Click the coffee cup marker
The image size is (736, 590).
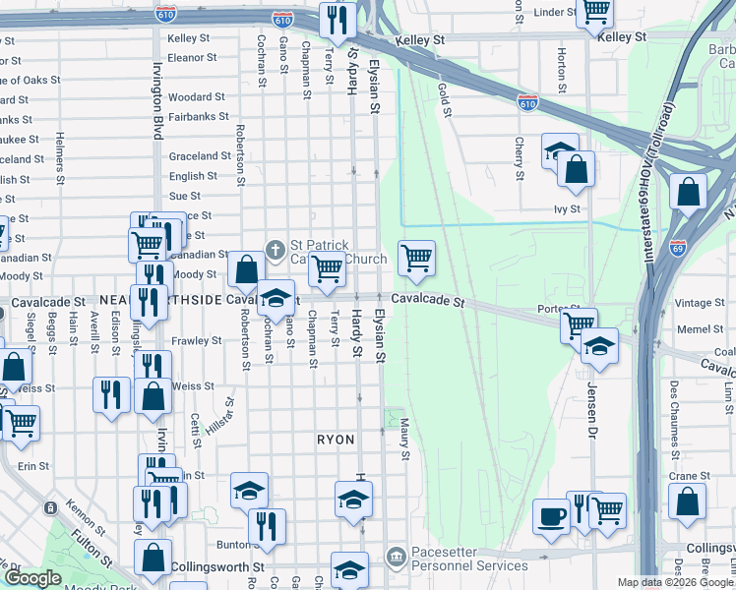tap(550, 516)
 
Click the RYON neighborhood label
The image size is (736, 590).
tap(336, 440)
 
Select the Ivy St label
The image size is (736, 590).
tap(568, 208)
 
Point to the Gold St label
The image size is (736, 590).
tap(445, 100)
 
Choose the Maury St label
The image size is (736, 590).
tap(404, 440)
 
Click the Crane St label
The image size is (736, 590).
tap(682, 476)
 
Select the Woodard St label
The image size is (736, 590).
tap(197, 97)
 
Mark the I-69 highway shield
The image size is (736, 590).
tap(678, 247)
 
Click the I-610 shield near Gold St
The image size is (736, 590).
tap(527, 102)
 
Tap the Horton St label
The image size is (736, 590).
tap(561, 65)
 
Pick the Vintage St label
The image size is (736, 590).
tap(700, 303)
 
